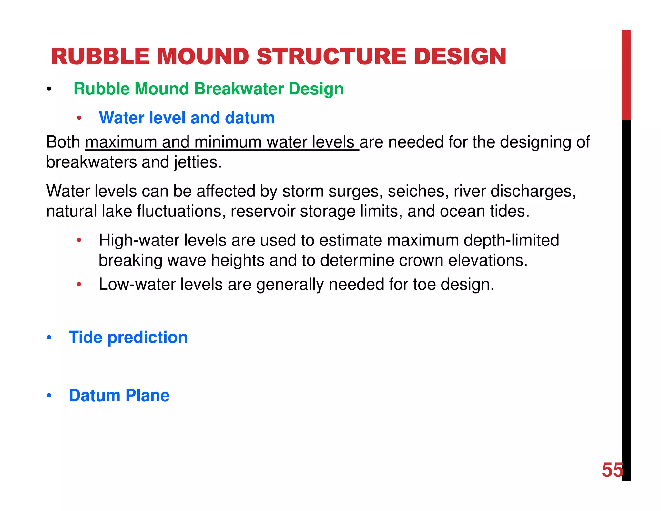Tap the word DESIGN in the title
460,57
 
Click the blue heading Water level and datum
187,118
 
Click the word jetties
198,162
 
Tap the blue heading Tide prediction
128,338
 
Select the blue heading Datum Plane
119,396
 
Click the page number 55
612,470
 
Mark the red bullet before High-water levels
79,240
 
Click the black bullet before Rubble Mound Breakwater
49,89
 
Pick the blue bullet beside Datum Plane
49,396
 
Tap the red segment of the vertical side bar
626,74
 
